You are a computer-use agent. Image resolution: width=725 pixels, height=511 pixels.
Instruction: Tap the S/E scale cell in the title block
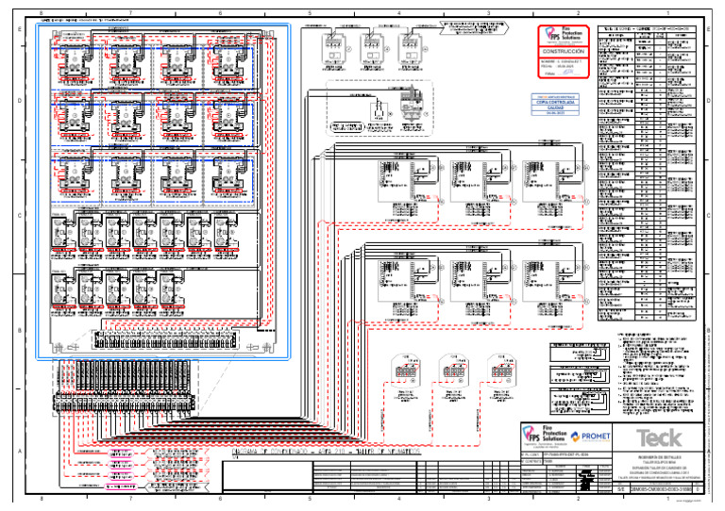click(621, 489)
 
